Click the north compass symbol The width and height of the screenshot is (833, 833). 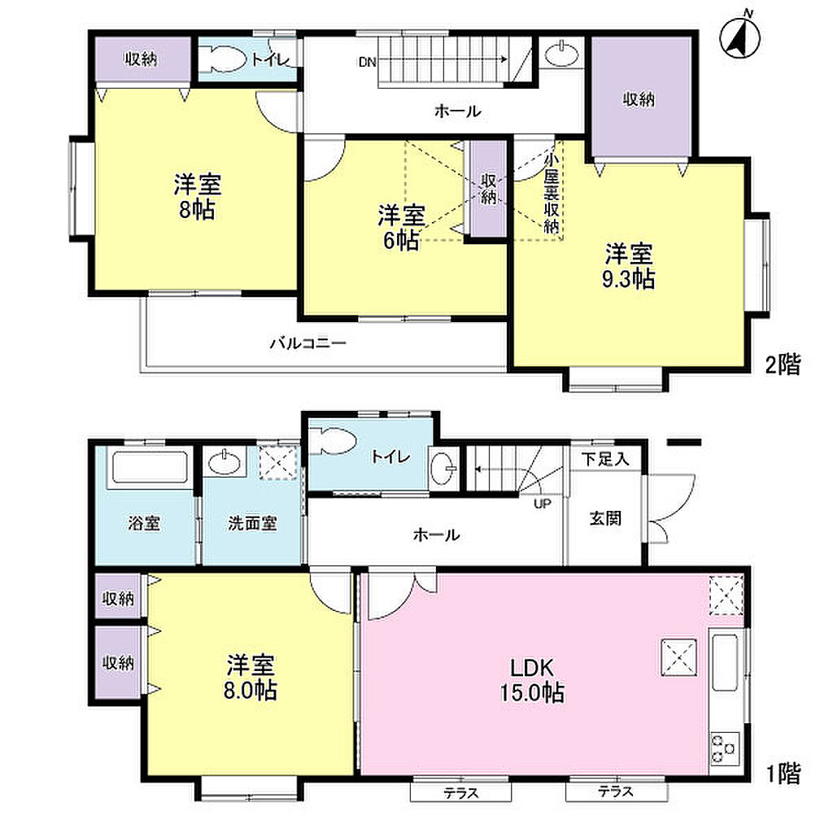739,37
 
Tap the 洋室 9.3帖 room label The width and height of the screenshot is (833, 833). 629,267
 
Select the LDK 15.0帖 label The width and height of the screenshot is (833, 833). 532,681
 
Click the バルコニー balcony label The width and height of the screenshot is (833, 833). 308,342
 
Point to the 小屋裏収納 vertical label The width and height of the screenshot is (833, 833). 551,194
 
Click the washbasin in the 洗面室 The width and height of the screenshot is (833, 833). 225,463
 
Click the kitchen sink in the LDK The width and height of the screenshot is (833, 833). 725,662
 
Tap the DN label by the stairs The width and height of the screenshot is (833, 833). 367,62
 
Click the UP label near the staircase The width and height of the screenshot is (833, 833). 543,504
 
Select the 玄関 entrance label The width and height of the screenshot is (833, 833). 605,518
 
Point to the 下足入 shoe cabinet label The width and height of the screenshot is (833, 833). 605,459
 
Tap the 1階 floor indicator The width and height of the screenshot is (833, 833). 783,774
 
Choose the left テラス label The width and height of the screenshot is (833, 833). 461,793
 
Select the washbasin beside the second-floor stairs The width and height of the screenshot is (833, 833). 562,55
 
